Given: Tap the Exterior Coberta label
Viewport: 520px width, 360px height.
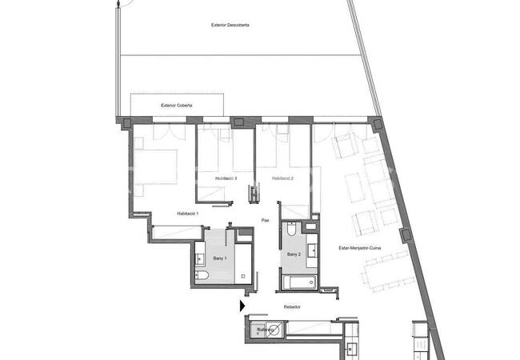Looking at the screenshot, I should point(177,105).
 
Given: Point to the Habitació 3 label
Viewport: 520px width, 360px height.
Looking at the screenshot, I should point(226,178).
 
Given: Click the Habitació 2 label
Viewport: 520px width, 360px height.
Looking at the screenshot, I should point(283,178).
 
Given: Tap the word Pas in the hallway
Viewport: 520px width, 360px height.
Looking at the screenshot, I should point(265,220).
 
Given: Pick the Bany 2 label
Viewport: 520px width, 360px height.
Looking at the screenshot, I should point(294,254).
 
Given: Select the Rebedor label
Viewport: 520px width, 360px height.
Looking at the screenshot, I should point(291,306).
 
